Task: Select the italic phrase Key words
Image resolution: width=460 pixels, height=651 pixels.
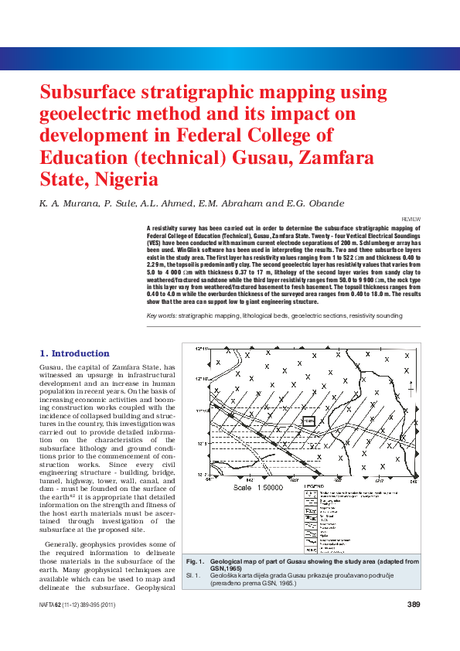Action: click(162, 317)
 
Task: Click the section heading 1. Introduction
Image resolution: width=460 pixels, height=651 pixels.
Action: click(74, 353)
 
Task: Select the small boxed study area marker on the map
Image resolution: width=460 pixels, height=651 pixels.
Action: click(308, 421)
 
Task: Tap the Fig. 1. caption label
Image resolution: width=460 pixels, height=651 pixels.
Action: click(195, 561)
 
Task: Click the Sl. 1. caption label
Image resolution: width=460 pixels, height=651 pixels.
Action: click(193, 576)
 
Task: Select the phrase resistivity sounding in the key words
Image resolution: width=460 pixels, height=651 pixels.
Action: click(377, 317)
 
